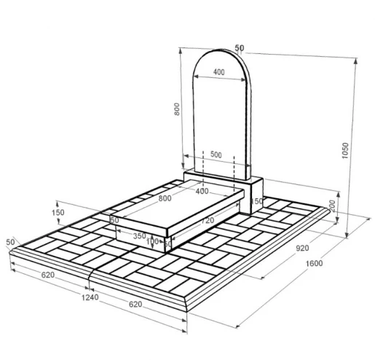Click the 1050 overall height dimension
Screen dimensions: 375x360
345,151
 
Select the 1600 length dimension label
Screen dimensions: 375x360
314,263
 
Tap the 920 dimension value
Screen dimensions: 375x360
302,248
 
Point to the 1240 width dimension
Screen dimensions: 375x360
90,297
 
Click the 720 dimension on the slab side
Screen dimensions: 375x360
208,221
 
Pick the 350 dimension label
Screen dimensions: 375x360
140,235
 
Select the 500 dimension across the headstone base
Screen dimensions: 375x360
216,154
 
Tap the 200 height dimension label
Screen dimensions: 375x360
332,206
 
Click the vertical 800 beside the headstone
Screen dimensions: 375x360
177,109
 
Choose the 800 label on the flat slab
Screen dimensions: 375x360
165,198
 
